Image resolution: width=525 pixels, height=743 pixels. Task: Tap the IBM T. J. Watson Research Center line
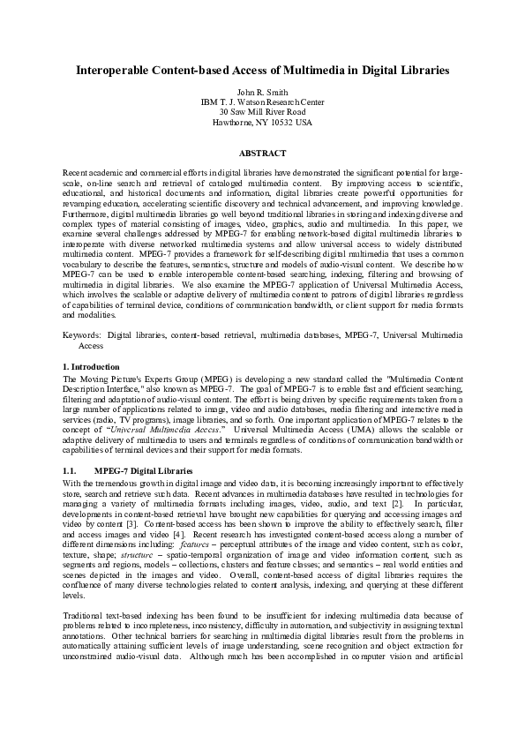(262, 101)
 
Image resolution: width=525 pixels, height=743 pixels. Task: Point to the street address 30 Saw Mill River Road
(262, 112)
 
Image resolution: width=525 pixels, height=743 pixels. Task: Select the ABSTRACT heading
(262, 153)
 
